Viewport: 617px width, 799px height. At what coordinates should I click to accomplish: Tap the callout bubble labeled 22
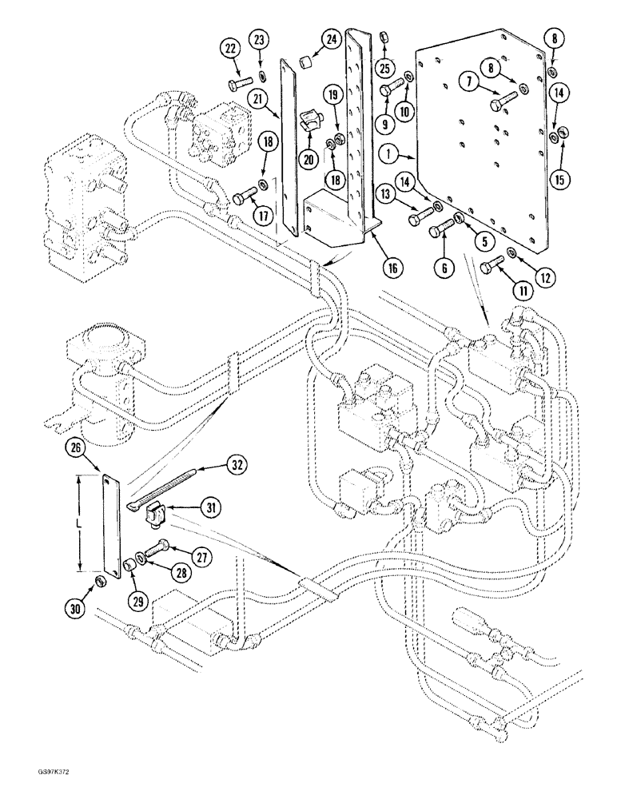230,50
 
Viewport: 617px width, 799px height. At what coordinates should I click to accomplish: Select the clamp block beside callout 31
154,520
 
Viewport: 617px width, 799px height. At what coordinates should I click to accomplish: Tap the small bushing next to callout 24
305,61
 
